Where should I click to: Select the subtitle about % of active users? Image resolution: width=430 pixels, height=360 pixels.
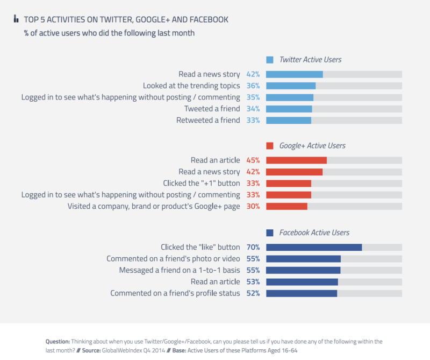tap(109, 33)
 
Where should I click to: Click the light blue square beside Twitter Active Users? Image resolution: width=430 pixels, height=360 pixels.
tap(270, 60)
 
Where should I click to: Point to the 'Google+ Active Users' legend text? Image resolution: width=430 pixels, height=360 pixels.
tap(312, 146)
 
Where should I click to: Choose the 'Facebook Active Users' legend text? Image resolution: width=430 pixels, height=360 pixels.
tap(314, 233)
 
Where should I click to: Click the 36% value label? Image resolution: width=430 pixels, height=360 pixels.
tap(253, 86)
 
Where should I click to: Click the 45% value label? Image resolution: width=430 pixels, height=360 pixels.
tap(253, 160)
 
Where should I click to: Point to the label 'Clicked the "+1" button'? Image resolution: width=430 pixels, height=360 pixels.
tap(201, 183)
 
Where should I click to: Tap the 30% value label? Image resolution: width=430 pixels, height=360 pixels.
tap(253, 207)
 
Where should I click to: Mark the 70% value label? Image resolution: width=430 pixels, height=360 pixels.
tap(253, 248)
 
